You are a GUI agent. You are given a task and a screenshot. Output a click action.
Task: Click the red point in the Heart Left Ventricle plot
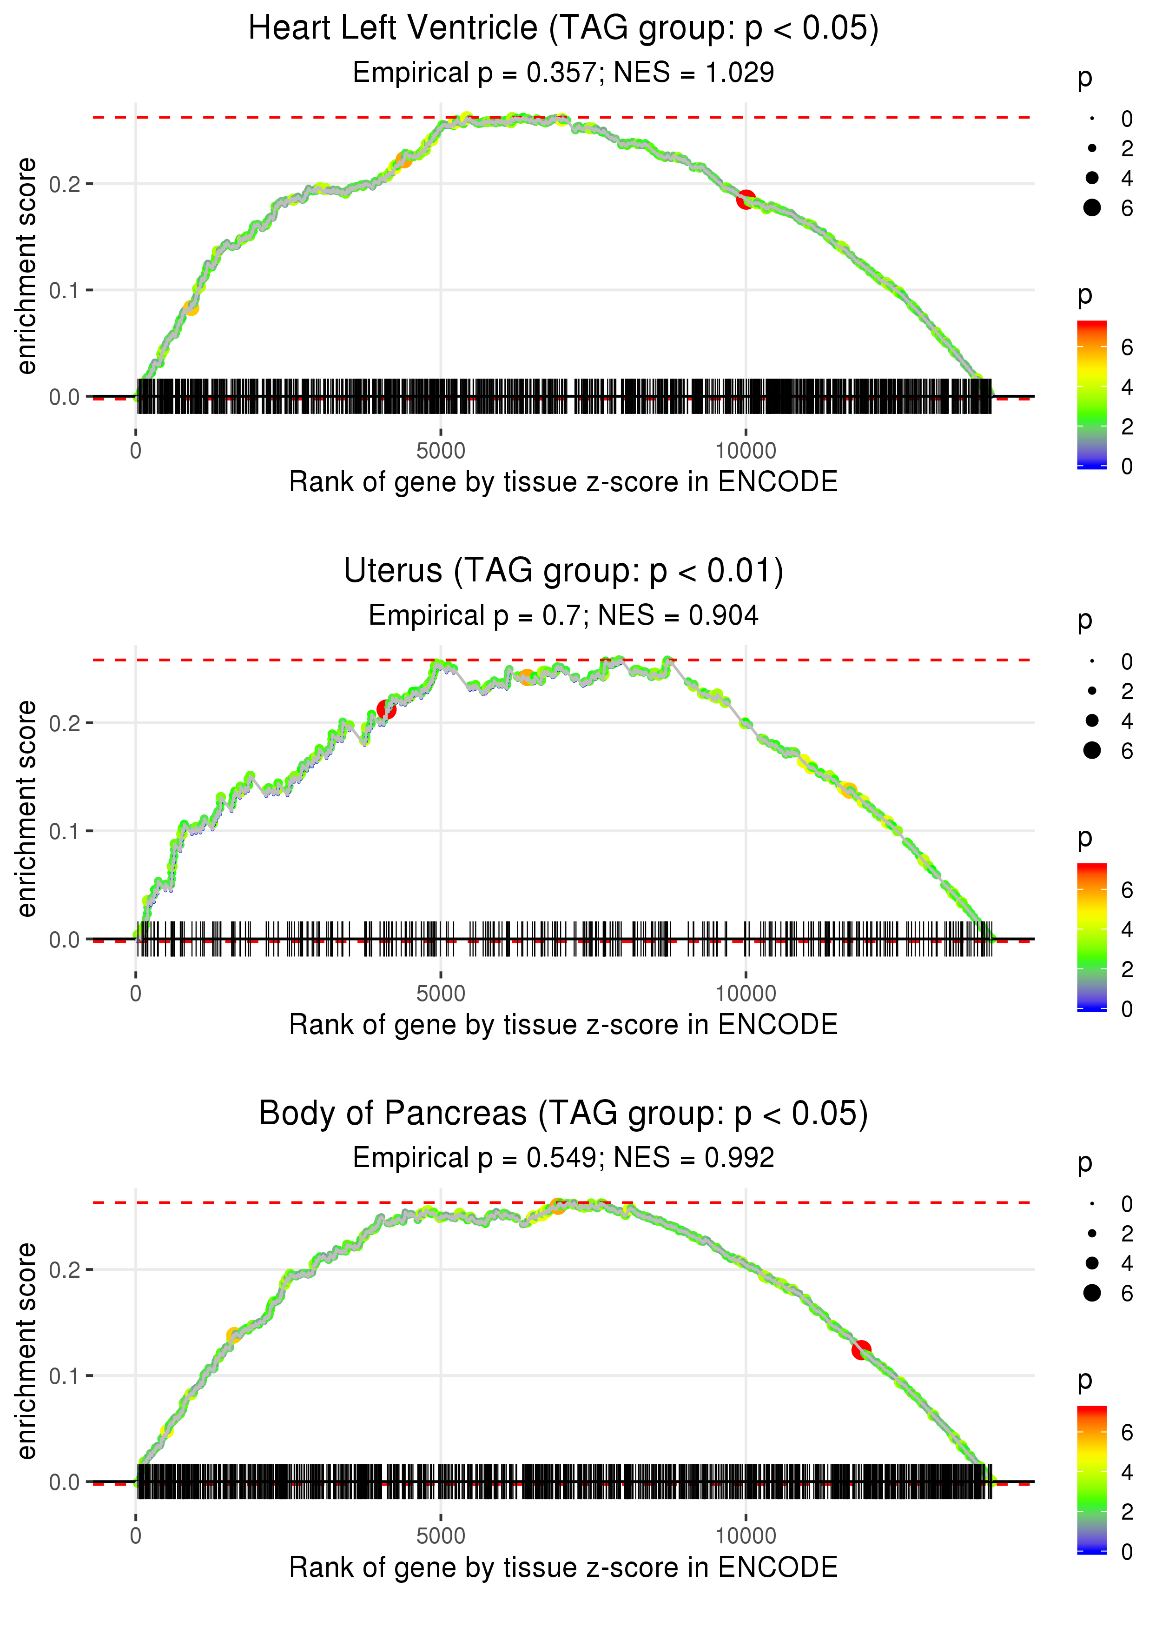746,200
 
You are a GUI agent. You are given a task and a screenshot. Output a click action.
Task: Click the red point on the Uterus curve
386,709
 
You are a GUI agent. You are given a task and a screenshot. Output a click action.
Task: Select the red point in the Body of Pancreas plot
861,1349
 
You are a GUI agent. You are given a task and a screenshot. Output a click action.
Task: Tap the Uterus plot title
563,571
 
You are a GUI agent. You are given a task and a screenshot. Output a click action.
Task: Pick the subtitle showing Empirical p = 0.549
563,1158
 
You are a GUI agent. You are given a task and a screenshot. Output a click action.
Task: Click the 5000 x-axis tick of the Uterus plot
441,994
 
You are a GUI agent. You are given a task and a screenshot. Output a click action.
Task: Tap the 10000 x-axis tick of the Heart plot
746,451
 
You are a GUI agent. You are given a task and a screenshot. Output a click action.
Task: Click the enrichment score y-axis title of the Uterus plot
26,809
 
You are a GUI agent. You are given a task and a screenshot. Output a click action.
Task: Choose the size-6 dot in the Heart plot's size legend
1092,207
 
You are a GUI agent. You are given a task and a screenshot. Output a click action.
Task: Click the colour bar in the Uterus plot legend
1091,936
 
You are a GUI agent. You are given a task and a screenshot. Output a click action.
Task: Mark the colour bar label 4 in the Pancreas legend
1127,1473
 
